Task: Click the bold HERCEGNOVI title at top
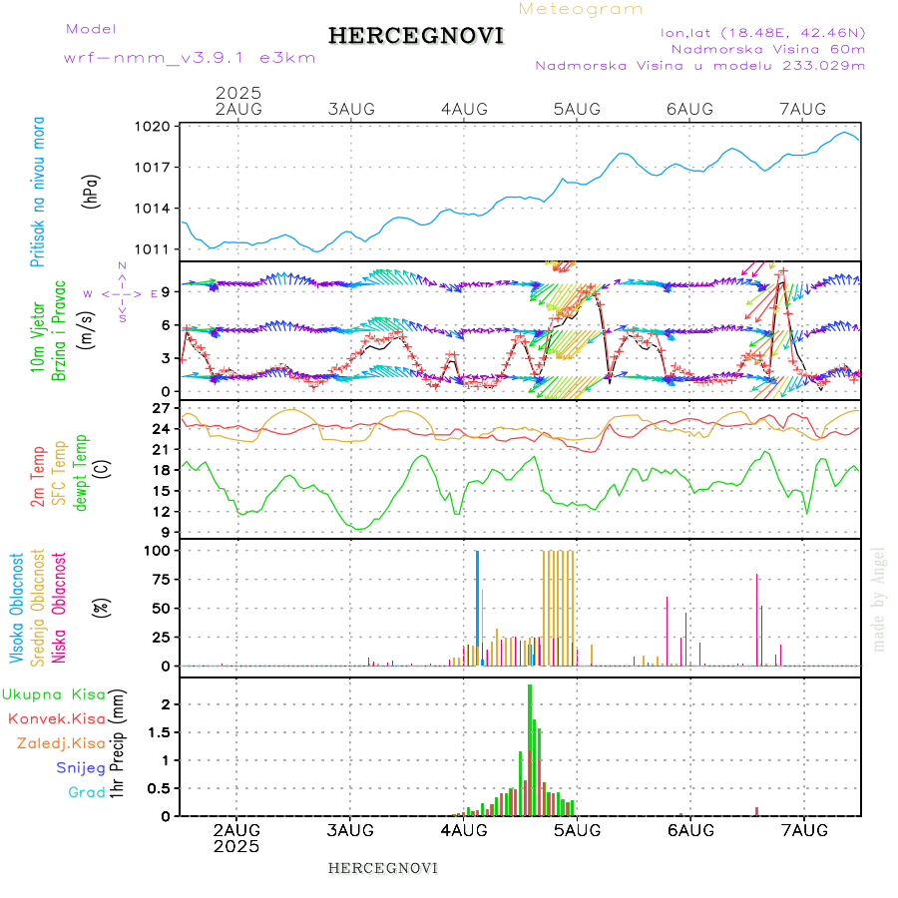416,36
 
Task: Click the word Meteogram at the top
581,9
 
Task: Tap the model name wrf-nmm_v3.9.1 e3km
190,57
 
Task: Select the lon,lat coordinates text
762,32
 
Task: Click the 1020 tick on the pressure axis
155,127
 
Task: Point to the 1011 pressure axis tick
155,248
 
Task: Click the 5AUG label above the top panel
577,109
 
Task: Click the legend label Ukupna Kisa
53,693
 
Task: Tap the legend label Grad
87,792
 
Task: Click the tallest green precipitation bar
530,748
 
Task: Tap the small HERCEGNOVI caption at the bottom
383,868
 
